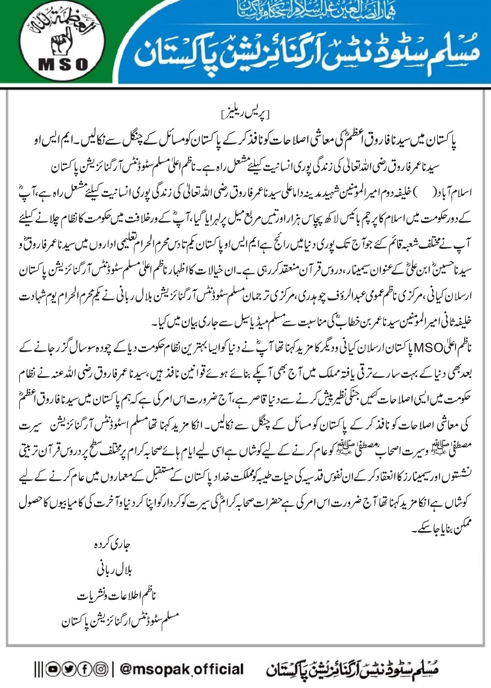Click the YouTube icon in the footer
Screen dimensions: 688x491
(x=52, y=669)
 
